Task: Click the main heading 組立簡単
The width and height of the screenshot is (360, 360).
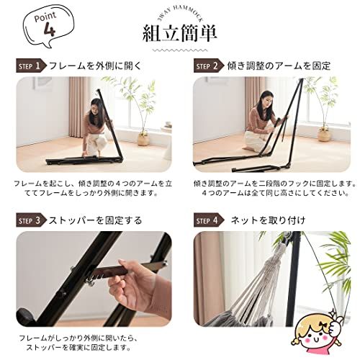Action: coord(180,33)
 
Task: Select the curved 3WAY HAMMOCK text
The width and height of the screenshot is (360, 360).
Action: coord(180,15)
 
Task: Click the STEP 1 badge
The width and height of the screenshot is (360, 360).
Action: coord(31,66)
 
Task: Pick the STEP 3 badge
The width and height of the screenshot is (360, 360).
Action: coord(31,220)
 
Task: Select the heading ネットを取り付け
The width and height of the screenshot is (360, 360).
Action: coord(258,220)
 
